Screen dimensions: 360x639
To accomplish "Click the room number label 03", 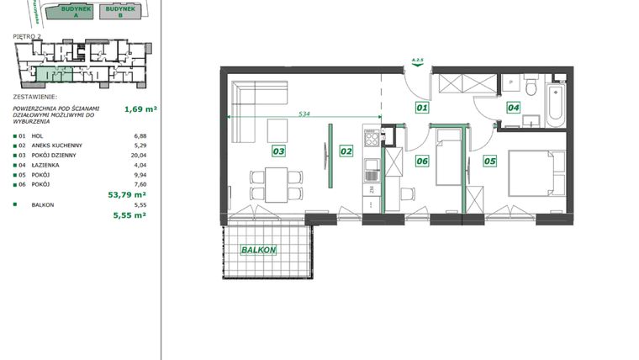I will (278, 152).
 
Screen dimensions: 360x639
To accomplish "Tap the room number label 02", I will (345, 152).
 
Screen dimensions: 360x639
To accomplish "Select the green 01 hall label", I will (422, 108).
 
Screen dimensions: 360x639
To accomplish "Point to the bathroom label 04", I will (514, 107).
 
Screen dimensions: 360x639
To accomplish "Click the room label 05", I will (491, 160).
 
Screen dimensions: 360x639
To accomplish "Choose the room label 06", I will (422, 161).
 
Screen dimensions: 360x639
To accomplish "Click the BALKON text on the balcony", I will (259, 251).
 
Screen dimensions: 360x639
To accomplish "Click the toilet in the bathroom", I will (529, 87).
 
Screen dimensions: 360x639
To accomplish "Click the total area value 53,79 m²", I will (129, 193).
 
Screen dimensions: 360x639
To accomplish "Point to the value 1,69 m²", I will (140, 109).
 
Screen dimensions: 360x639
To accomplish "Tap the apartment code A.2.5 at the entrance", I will (416, 61).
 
